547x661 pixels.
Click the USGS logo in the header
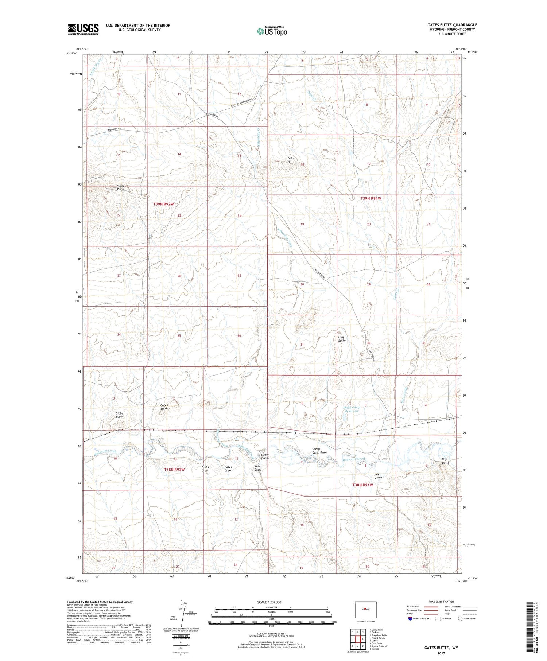(83, 29)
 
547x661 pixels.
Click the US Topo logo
(272, 31)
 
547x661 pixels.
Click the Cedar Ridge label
(118, 188)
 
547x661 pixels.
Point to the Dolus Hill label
(291, 160)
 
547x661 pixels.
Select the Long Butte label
(341, 339)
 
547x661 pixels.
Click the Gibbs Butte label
(119, 415)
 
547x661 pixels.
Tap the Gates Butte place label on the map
(164, 407)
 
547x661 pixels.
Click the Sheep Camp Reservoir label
(352, 409)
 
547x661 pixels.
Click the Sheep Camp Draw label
(319, 451)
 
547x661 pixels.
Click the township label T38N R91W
(362, 485)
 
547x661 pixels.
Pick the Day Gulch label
(378, 476)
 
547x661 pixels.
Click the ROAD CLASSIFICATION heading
(441, 602)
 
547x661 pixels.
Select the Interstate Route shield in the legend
(410, 618)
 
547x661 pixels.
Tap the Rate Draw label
(258, 468)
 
